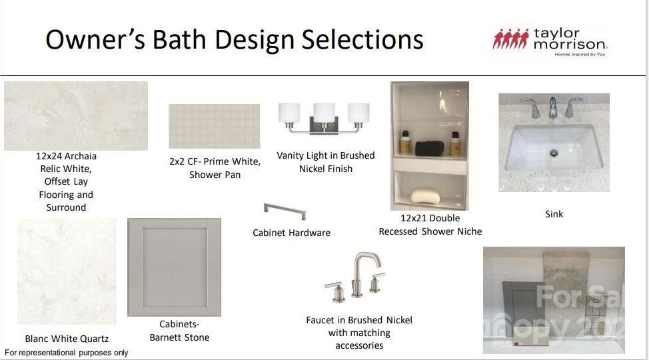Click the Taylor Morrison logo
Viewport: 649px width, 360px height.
click(x=550, y=42)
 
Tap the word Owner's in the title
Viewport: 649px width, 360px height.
click(x=95, y=40)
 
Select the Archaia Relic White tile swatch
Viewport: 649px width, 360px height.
click(x=76, y=116)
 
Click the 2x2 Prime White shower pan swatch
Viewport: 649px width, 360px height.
click(x=215, y=127)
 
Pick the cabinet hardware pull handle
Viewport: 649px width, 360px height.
click(x=285, y=211)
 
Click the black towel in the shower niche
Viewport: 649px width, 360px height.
click(x=429, y=148)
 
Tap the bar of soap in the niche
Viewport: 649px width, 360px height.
click(x=426, y=196)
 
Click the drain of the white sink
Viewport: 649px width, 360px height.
click(x=554, y=153)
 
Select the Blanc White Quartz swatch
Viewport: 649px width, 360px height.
click(x=67, y=271)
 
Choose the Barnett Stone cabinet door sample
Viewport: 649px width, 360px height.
click(x=175, y=267)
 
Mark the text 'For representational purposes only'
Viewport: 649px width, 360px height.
click(x=67, y=353)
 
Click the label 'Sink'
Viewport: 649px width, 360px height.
click(x=554, y=214)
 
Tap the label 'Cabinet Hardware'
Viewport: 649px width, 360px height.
click(x=291, y=233)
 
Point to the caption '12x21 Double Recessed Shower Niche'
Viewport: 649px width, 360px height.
click(x=430, y=225)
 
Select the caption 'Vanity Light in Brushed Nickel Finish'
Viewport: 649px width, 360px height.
click(x=326, y=162)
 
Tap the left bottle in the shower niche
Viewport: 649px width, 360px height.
click(x=405, y=143)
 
